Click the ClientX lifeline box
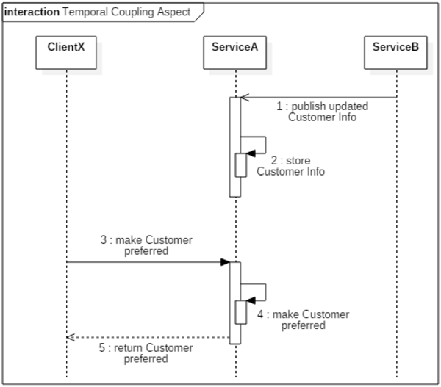[66, 48]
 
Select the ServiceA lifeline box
[235, 48]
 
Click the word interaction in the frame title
[32, 11]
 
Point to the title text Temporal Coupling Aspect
[125, 11]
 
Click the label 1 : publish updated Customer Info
[322, 112]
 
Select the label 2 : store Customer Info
[290, 166]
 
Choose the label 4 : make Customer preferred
[303, 319]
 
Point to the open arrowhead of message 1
[244, 98]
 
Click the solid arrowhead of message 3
[225, 262]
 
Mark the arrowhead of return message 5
[70, 337]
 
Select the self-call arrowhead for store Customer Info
[251, 153]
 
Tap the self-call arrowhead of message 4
[251, 300]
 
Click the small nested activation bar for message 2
[240, 164]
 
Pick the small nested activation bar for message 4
[240, 311]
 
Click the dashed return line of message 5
[147, 337]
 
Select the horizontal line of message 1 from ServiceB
[323, 98]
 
